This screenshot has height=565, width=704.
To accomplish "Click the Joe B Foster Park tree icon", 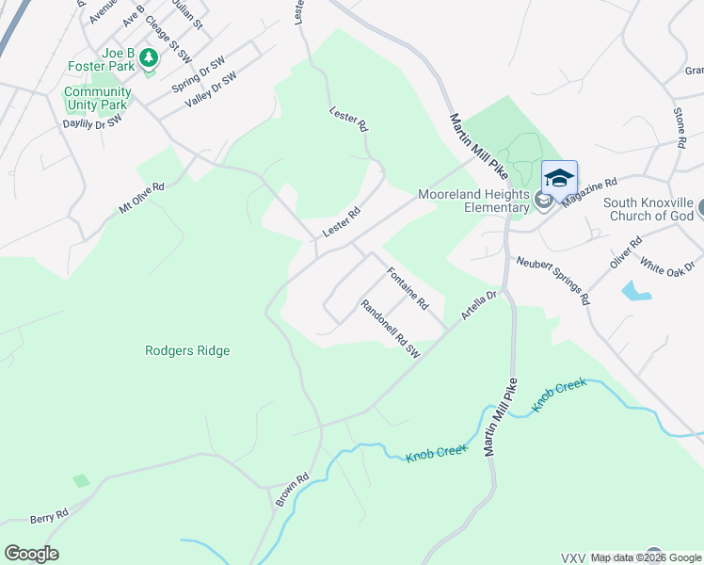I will [149, 58].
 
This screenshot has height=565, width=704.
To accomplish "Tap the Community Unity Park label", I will [97, 98].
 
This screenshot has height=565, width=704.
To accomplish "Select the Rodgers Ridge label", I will [187, 350].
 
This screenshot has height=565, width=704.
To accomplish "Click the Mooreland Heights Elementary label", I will [473, 202].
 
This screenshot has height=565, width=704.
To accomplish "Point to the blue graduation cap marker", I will [559, 177].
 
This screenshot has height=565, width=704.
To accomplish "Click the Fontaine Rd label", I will [408, 289].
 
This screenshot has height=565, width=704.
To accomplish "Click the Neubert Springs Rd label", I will [552, 281].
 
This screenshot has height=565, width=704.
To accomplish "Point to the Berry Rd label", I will [49, 516].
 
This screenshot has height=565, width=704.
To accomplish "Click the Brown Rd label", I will [292, 491].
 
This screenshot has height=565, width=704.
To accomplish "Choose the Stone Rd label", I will [679, 128].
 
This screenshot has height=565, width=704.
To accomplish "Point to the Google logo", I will [31, 554].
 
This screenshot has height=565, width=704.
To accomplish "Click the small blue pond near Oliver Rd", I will [636, 291].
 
